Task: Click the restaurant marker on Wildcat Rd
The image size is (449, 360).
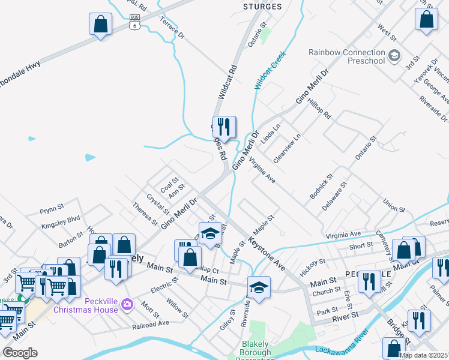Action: click(x=224, y=127)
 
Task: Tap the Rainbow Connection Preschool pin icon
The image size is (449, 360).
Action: click(x=394, y=57)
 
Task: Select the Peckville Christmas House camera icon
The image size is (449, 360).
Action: click(x=127, y=305)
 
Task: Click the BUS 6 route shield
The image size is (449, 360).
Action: click(x=134, y=22)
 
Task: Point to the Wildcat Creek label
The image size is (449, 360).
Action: click(x=271, y=71)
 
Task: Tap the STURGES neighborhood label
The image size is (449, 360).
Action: click(x=262, y=7)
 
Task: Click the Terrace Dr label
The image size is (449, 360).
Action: click(x=172, y=28)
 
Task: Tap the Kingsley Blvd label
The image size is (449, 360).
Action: click(x=61, y=223)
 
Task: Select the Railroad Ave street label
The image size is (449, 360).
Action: click(x=151, y=325)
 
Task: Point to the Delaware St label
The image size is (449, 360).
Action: click(x=334, y=196)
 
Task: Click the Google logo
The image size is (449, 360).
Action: click(x=20, y=352)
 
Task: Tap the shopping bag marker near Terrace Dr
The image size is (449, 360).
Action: click(x=100, y=25)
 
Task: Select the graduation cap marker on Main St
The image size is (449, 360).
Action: click(x=259, y=287)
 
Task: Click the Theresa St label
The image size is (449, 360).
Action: click(x=145, y=213)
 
